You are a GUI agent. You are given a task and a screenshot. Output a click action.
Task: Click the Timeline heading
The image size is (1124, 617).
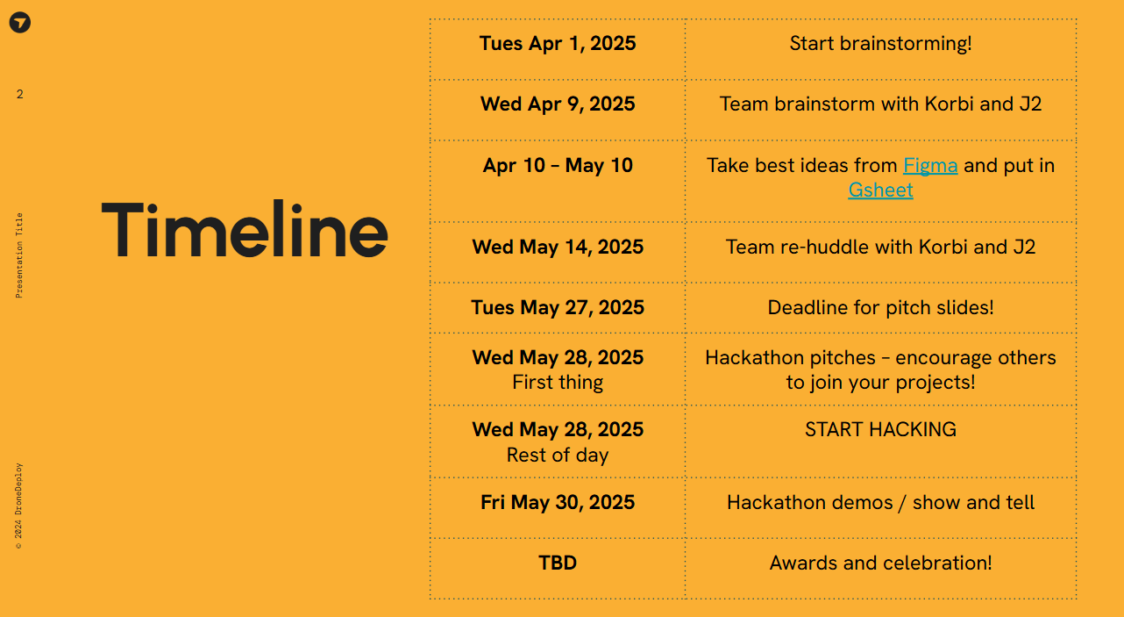245,229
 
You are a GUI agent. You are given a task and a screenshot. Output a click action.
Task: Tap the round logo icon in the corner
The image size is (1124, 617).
20,23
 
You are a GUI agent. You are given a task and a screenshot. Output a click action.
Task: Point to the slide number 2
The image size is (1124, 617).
19,94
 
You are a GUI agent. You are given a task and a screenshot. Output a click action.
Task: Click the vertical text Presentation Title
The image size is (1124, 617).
19,255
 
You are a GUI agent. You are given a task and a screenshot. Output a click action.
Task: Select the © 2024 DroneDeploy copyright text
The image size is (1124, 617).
18,506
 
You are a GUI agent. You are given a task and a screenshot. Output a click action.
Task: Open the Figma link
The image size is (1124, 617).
930,165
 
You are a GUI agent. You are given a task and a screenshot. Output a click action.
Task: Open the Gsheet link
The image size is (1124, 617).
880,190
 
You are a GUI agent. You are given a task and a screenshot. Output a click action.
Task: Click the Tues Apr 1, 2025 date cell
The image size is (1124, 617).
558,43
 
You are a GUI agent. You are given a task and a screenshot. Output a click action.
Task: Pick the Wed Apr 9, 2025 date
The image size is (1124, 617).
558,104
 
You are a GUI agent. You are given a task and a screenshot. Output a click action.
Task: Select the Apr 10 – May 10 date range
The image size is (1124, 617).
558,165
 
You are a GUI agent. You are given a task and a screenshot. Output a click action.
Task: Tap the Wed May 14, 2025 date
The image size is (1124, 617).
558,247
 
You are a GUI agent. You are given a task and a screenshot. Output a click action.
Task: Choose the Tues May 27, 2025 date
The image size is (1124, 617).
558,307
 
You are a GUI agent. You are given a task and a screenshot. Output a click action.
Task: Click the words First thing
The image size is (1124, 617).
558,383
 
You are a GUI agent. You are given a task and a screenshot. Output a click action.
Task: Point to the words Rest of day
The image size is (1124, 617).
558,455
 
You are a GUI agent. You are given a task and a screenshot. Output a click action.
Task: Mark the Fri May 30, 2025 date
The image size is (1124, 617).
558,502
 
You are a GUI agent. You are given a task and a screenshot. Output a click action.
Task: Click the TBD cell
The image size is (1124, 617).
558,563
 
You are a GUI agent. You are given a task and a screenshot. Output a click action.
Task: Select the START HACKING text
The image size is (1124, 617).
880,429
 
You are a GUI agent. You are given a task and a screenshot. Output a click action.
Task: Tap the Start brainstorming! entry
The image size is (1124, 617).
880,43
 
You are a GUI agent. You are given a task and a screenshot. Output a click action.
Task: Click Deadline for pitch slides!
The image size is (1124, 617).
880,307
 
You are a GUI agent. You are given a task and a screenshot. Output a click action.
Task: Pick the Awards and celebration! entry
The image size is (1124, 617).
880,563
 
